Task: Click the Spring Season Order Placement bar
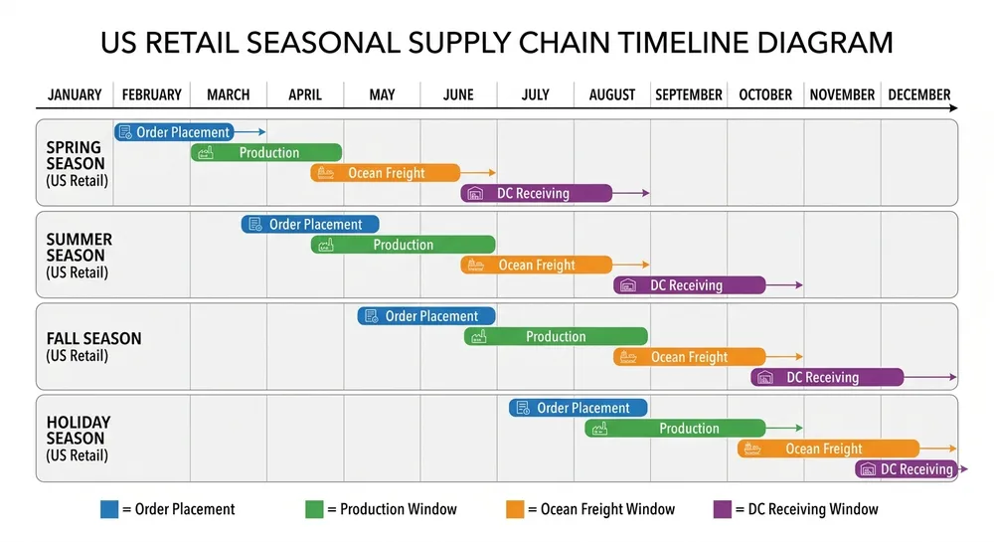coord(174,132)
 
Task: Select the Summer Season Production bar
coord(403,245)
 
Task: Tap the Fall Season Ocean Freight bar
coord(689,357)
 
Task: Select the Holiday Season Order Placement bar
coord(578,408)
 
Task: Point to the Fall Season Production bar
coord(556,337)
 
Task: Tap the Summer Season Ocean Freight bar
coord(536,266)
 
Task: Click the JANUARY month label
coord(75,95)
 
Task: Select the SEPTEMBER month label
coord(688,95)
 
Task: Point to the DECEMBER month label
coord(918,95)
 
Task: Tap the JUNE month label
coord(458,95)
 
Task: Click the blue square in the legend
coord(109,509)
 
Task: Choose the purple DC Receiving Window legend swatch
coord(723,509)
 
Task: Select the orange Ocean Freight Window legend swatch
coord(514,509)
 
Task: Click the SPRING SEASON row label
coord(76,155)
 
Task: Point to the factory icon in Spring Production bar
coord(206,153)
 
